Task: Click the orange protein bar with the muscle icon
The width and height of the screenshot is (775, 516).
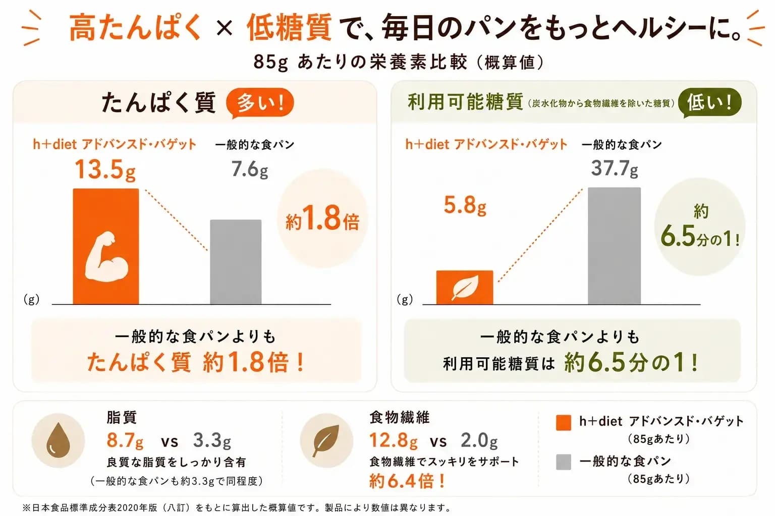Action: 106,246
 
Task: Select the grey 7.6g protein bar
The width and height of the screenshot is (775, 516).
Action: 236,262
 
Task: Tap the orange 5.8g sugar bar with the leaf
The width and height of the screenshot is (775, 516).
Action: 465,288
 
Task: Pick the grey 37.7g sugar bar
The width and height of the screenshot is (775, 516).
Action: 614,246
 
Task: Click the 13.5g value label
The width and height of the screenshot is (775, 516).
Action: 105,170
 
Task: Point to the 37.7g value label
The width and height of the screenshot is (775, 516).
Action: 615,168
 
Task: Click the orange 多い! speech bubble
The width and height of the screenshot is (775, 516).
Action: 260,103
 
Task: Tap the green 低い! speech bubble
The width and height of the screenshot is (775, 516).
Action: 709,103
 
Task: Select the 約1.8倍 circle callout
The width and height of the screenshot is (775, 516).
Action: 322,218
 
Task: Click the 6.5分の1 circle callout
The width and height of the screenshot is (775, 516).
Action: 700,227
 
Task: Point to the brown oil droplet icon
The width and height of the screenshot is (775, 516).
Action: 58,440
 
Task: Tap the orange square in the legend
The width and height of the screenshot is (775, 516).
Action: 563,423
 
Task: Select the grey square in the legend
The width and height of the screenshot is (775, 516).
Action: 563,462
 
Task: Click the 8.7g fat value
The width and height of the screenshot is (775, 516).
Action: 125,440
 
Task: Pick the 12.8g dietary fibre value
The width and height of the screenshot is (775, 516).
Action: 394,440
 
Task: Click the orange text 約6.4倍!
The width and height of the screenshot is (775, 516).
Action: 407,481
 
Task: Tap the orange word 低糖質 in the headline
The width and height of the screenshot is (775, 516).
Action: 289,27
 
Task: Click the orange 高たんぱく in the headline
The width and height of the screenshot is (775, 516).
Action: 135,27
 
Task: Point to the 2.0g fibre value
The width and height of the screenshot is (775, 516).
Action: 479,440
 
